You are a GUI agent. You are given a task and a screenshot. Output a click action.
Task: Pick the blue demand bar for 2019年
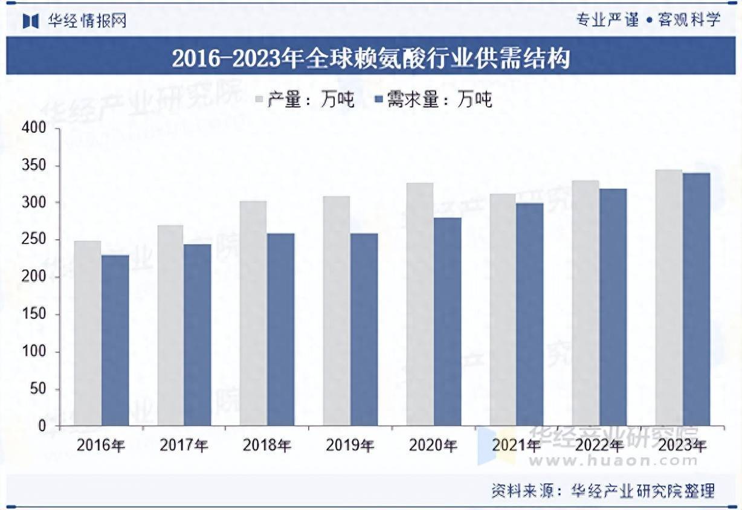point(364,329)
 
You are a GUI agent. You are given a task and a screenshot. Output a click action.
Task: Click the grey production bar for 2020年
point(419,305)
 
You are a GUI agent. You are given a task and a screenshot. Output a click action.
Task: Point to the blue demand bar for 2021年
point(530,314)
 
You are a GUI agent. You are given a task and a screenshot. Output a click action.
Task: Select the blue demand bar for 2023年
point(696,299)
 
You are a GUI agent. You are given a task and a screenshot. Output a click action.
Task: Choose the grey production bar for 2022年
point(586,303)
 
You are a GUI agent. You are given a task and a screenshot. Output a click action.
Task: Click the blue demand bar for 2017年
point(198,335)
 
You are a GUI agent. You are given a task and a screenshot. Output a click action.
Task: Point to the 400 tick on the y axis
point(34,128)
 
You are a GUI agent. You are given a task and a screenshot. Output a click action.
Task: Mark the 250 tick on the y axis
point(34,240)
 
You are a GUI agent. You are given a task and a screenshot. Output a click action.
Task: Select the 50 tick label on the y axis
point(37,389)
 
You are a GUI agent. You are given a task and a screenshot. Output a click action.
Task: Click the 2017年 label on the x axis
point(184,446)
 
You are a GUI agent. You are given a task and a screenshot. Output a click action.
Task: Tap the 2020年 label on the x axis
point(433,446)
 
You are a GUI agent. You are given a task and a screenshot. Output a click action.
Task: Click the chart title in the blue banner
point(371,59)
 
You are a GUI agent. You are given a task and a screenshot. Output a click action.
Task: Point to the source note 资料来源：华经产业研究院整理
point(602,490)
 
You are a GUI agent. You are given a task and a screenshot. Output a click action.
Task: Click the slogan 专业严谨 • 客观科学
point(648,19)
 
